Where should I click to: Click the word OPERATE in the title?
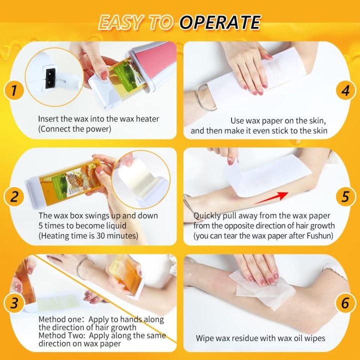pyautogui.click(x=220, y=22)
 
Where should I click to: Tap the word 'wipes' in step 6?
pyautogui.click(x=313, y=338)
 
